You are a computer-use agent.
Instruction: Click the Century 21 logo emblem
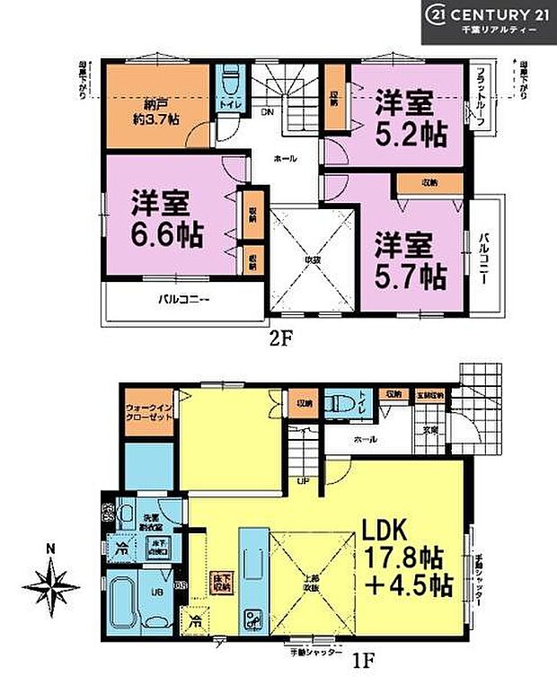click(439, 15)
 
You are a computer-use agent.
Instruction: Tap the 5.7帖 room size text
click(410, 275)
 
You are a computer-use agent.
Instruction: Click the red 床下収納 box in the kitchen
click(221, 581)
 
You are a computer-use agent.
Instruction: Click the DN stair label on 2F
click(268, 113)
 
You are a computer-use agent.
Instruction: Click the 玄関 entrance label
click(431, 429)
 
